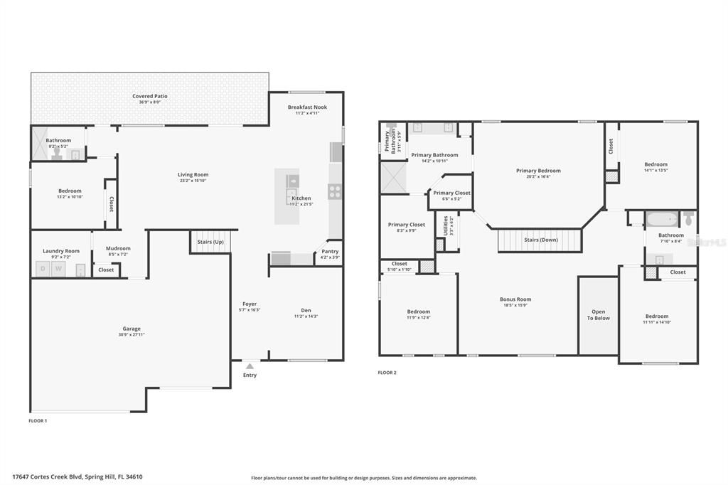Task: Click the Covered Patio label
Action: pyautogui.click(x=150, y=96)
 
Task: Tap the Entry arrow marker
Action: pyautogui.click(x=250, y=366)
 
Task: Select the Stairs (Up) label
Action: pyautogui.click(x=210, y=242)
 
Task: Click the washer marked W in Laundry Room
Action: pyautogui.click(x=58, y=269)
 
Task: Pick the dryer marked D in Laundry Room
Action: pyautogui.click(x=42, y=269)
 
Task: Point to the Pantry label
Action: pyautogui.click(x=330, y=251)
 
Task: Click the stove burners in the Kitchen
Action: pyautogui.click(x=334, y=191)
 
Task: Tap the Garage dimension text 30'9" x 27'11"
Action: pyautogui.click(x=132, y=335)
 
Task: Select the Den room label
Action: pyautogui.click(x=306, y=310)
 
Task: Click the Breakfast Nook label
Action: pyautogui.click(x=307, y=107)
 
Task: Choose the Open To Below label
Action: pyautogui.click(x=598, y=315)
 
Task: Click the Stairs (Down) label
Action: pyautogui.click(x=540, y=240)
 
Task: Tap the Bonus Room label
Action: pyautogui.click(x=515, y=299)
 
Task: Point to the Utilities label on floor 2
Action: pyautogui.click(x=446, y=225)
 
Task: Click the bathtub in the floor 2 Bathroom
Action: pyautogui.click(x=661, y=218)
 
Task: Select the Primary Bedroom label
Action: pyautogui.click(x=538, y=171)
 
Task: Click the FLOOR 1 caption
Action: pyautogui.click(x=38, y=421)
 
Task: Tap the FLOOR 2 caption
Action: pyautogui.click(x=387, y=373)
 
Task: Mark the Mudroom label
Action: pyautogui.click(x=118, y=248)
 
